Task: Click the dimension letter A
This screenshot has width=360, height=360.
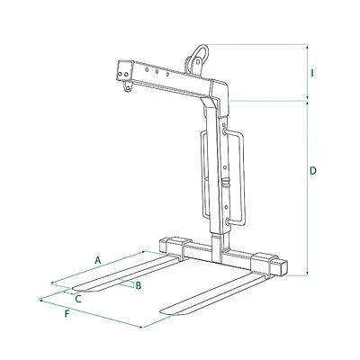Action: point(97,260)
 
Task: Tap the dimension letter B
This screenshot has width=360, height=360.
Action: point(139,285)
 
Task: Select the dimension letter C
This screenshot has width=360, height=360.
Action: point(78,299)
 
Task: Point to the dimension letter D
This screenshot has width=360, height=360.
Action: point(313,171)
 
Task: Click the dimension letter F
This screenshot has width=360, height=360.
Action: point(67,314)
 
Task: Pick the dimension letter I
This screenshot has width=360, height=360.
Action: point(312,73)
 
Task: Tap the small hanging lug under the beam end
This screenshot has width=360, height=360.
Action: point(128,86)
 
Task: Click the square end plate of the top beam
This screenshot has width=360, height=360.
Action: point(125,71)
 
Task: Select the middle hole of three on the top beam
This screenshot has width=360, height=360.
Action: point(157,72)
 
